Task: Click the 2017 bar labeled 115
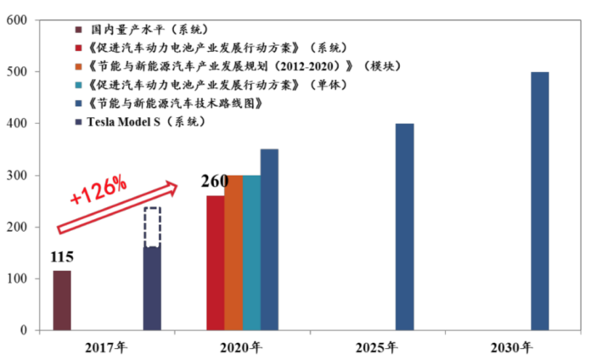(x=62, y=301)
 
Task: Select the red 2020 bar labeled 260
(x=216, y=263)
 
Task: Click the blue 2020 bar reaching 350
(x=269, y=240)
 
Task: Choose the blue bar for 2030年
(x=540, y=201)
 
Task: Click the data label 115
(x=62, y=256)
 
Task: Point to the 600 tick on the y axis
(x=20, y=20)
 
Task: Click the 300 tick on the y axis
(x=20, y=176)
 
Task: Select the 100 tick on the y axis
(x=20, y=279)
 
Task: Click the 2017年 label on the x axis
(x=106, y=347)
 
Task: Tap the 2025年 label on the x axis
(x=378, y=347)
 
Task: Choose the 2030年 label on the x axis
(x=513, y=347)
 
